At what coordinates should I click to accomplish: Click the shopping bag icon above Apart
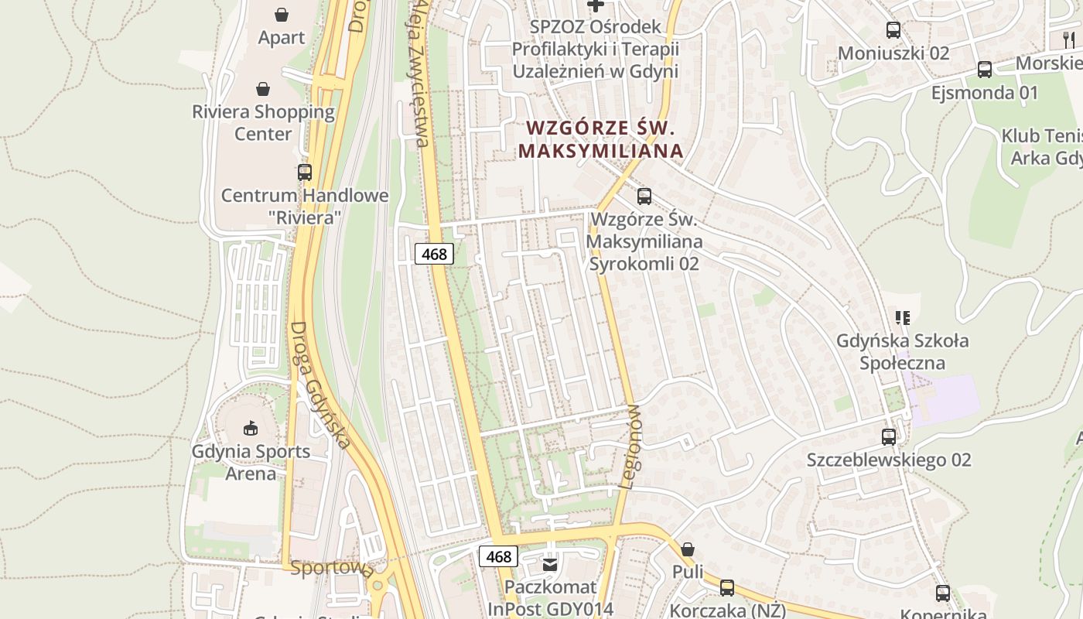(282, 15)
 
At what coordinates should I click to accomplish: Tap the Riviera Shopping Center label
(263, 122)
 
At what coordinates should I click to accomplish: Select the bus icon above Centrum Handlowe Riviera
(305, 173)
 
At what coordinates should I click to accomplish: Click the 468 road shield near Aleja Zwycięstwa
(434, 254)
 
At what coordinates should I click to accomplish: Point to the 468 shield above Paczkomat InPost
(499, 556)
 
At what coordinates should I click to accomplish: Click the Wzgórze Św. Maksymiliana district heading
(601, 139)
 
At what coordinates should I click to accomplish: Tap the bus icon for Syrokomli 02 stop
(644, 197)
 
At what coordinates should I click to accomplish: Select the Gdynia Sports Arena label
(251, 462)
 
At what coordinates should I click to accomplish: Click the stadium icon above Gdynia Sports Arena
(251, 428)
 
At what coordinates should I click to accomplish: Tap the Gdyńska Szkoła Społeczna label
(902, 351)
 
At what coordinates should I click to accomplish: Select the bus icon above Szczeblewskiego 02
(889, 437)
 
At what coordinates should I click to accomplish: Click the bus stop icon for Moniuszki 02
(893, 30)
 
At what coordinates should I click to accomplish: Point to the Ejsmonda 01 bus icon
(985, 70)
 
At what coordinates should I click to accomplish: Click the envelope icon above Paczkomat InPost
(550, 565)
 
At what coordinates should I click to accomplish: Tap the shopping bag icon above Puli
(688, 550)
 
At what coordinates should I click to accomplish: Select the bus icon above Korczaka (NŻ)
(727, 588)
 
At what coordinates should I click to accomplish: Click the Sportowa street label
(332, 569)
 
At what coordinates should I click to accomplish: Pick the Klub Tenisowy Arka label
(1040, 147)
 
